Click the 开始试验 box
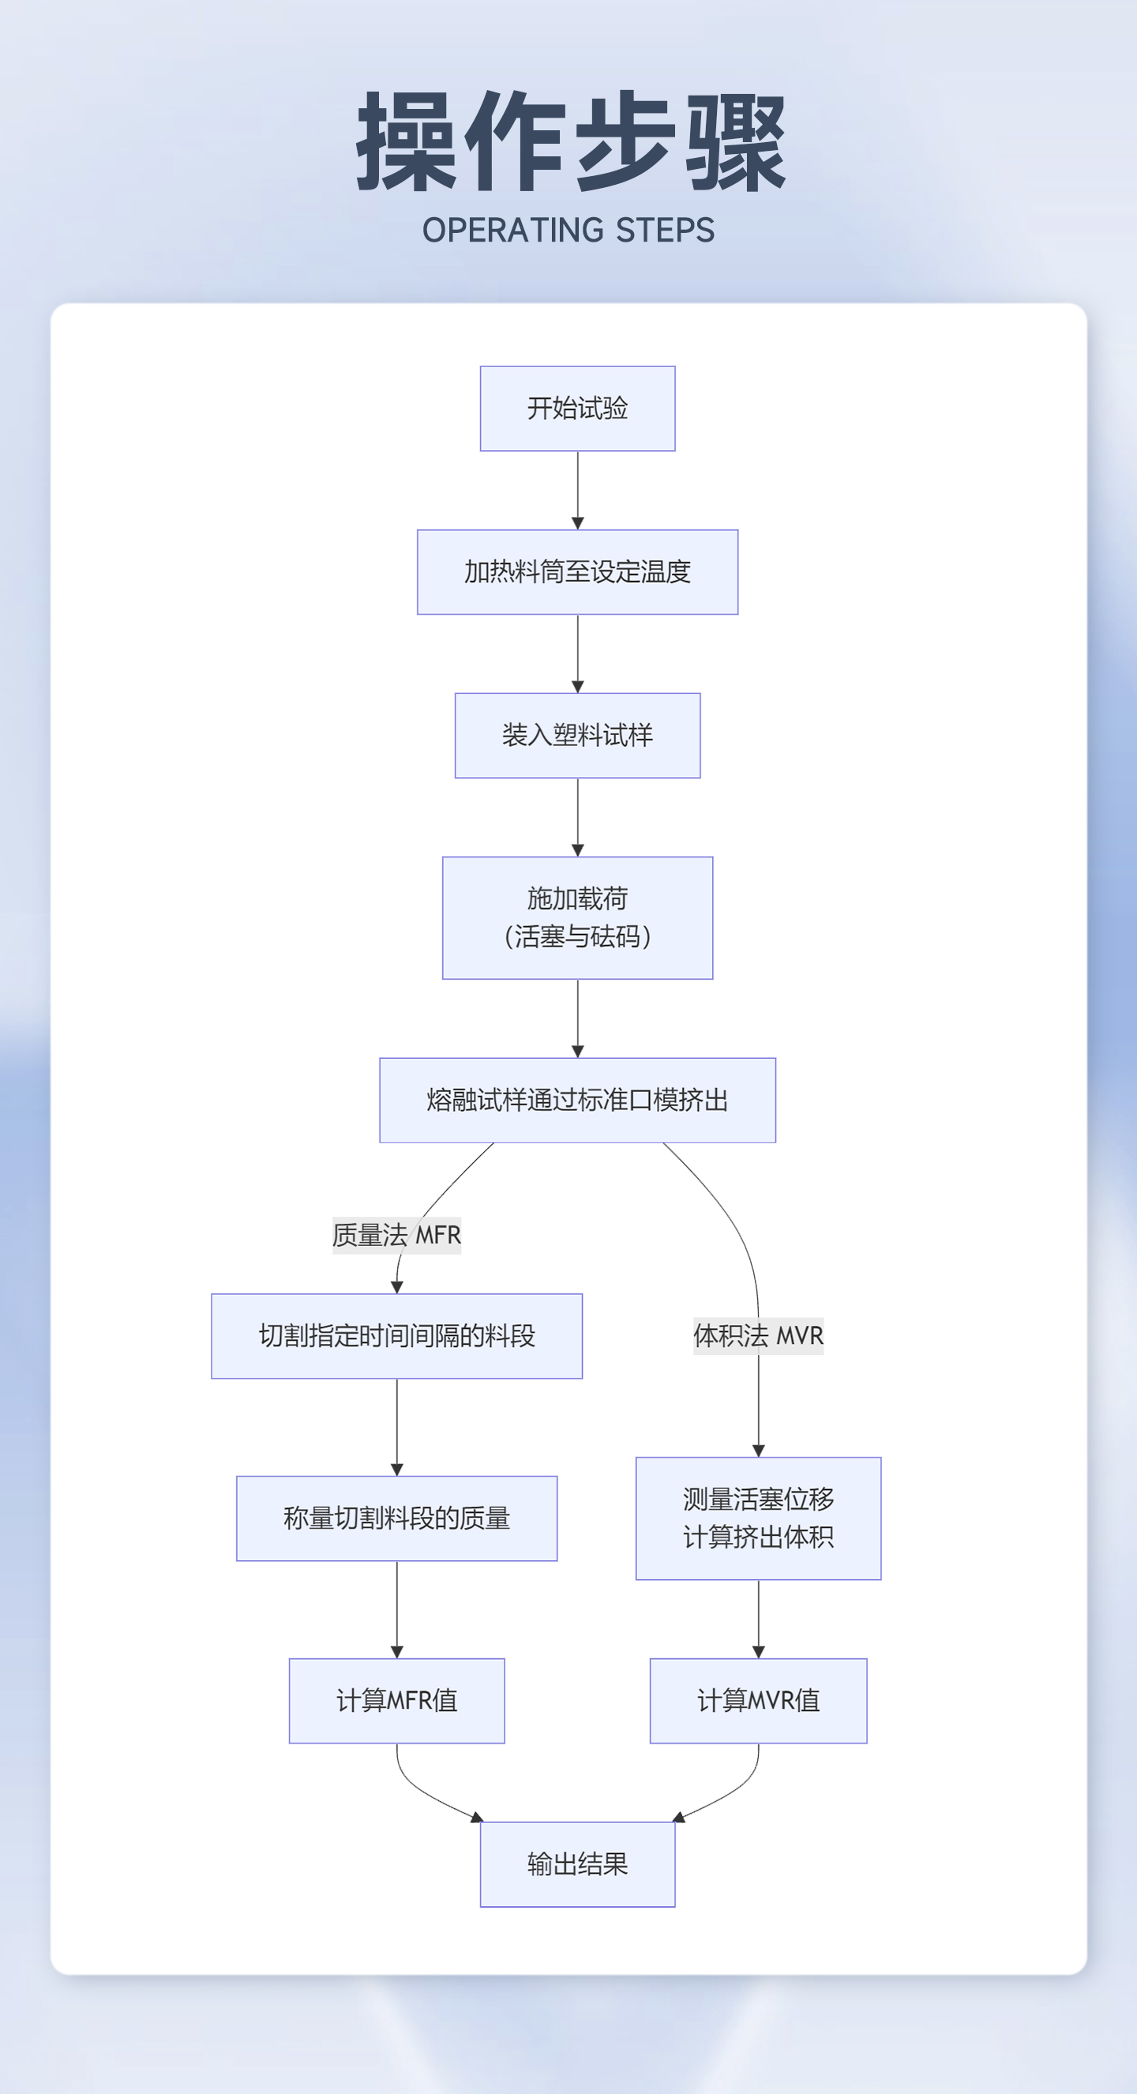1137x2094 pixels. pos(577,408)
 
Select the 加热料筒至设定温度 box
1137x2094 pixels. pos(577,572)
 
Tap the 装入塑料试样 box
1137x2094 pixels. pos(577,735)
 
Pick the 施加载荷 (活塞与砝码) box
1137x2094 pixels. pos(577,918)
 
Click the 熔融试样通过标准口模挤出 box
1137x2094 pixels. pos(577,1100)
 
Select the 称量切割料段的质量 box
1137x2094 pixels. pos(396,1518)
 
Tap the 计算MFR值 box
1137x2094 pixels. pos(396,1701)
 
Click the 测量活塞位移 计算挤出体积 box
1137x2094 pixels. pos(758,1518)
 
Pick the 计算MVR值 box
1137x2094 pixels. pos(758,1701)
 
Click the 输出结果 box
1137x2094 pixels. pos(577,1864)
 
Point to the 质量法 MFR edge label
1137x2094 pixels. pos(396,1235)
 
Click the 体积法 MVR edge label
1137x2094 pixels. pos(758,1334)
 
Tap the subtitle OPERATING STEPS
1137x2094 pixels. pos(568,230)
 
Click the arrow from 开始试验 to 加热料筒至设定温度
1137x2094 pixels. pos(578,490)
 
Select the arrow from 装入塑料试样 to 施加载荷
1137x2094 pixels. pos(578,816)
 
